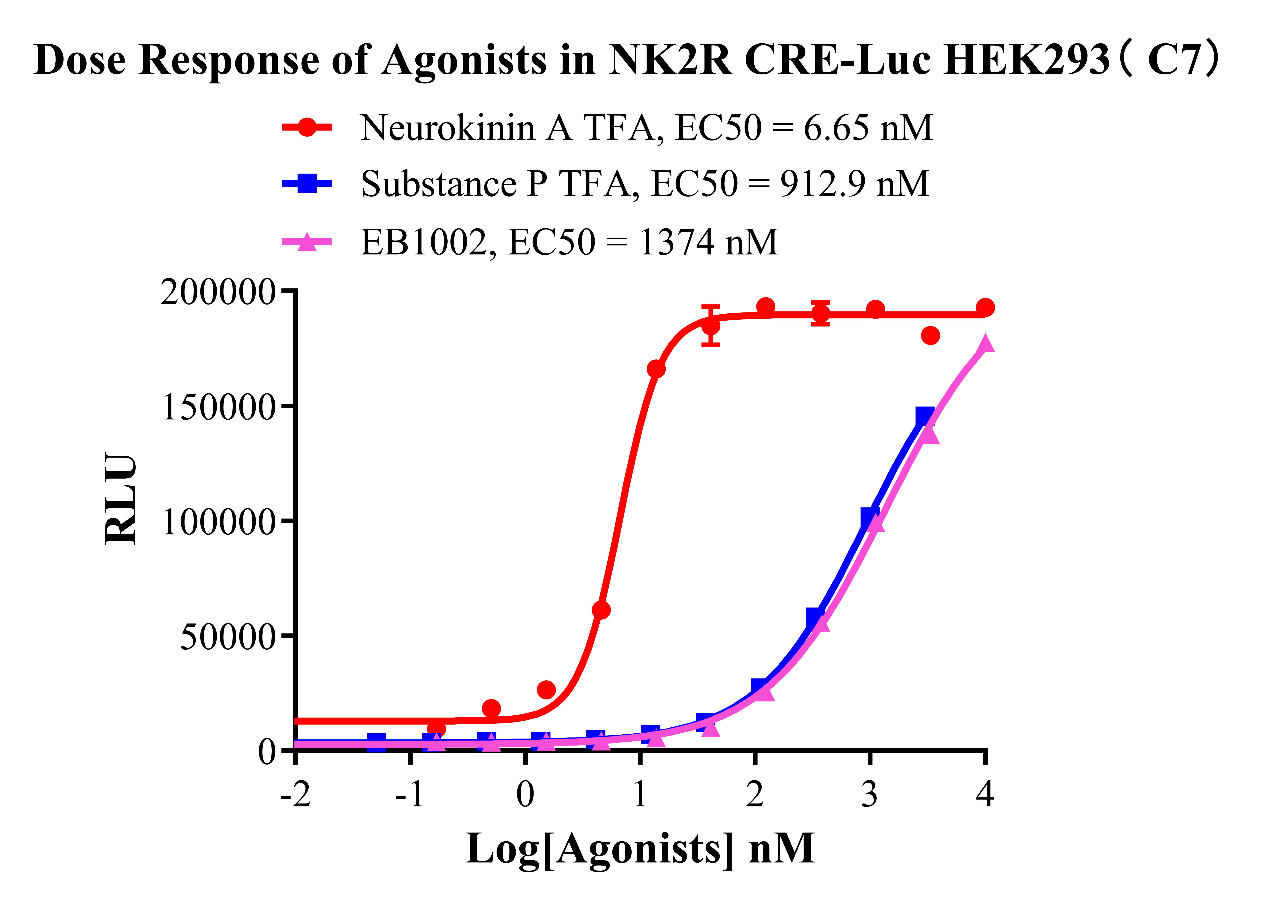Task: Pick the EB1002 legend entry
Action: (x=569, y=242)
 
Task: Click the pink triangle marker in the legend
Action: (x=307, y=242)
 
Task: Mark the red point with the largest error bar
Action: (x=710, y=326)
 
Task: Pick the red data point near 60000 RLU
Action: (x=601, y=610)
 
